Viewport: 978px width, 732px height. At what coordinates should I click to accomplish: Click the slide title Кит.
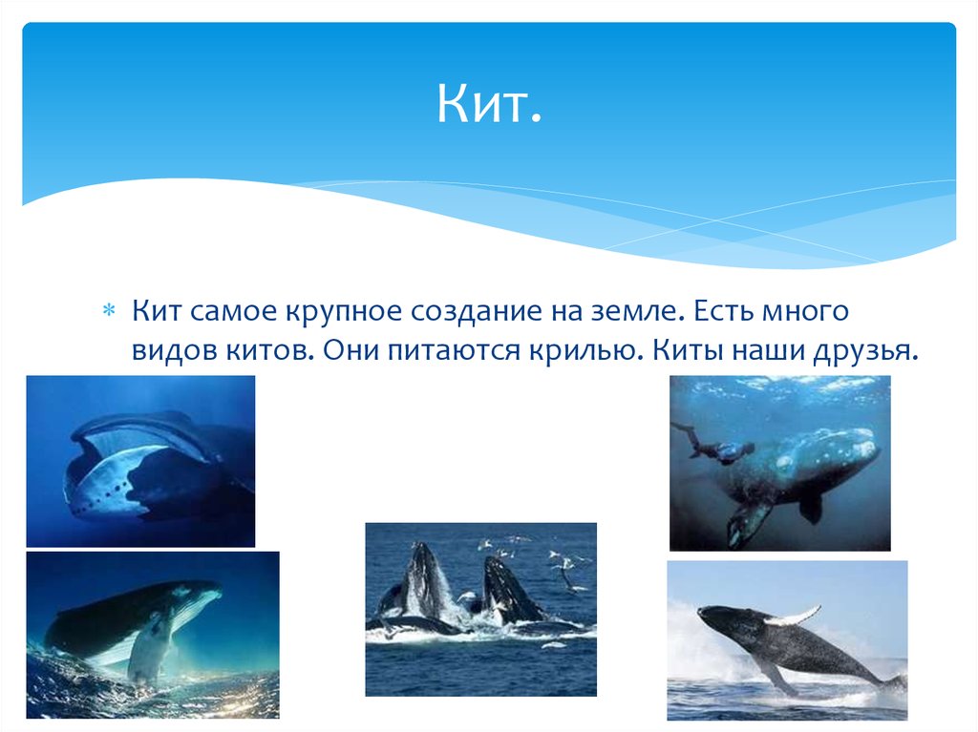[x=489, y=103]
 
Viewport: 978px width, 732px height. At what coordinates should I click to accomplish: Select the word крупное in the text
[x=344, y=311]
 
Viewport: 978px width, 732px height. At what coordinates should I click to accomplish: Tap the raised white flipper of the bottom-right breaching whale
[x=794, y=616]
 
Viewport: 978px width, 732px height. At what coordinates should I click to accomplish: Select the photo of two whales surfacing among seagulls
[x=480, y=609]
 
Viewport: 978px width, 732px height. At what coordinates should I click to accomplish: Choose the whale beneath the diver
[x=802, y=472]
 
